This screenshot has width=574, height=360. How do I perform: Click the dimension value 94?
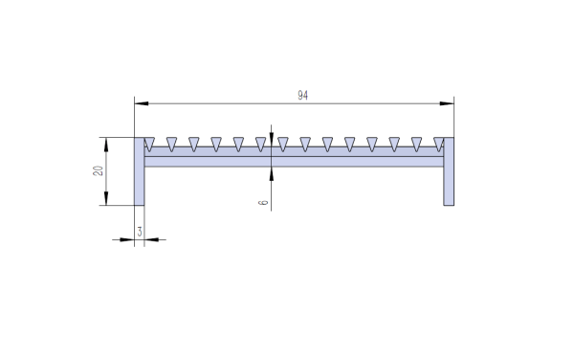[303, 95]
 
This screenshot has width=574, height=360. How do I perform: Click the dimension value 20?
[98, 170]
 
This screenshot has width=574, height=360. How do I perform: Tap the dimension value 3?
[141, 231]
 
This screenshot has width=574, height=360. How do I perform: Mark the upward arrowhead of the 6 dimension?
[273, 164]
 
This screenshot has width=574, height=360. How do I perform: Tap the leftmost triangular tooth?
[148, 144]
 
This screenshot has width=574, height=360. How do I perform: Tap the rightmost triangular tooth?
[438, 144]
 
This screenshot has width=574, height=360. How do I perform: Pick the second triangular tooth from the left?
[171, 144]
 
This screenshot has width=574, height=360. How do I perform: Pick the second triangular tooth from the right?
[416, 144]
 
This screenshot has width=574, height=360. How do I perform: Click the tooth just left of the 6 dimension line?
[260, 144]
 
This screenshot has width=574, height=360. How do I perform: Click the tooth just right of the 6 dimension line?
[282, 144]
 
